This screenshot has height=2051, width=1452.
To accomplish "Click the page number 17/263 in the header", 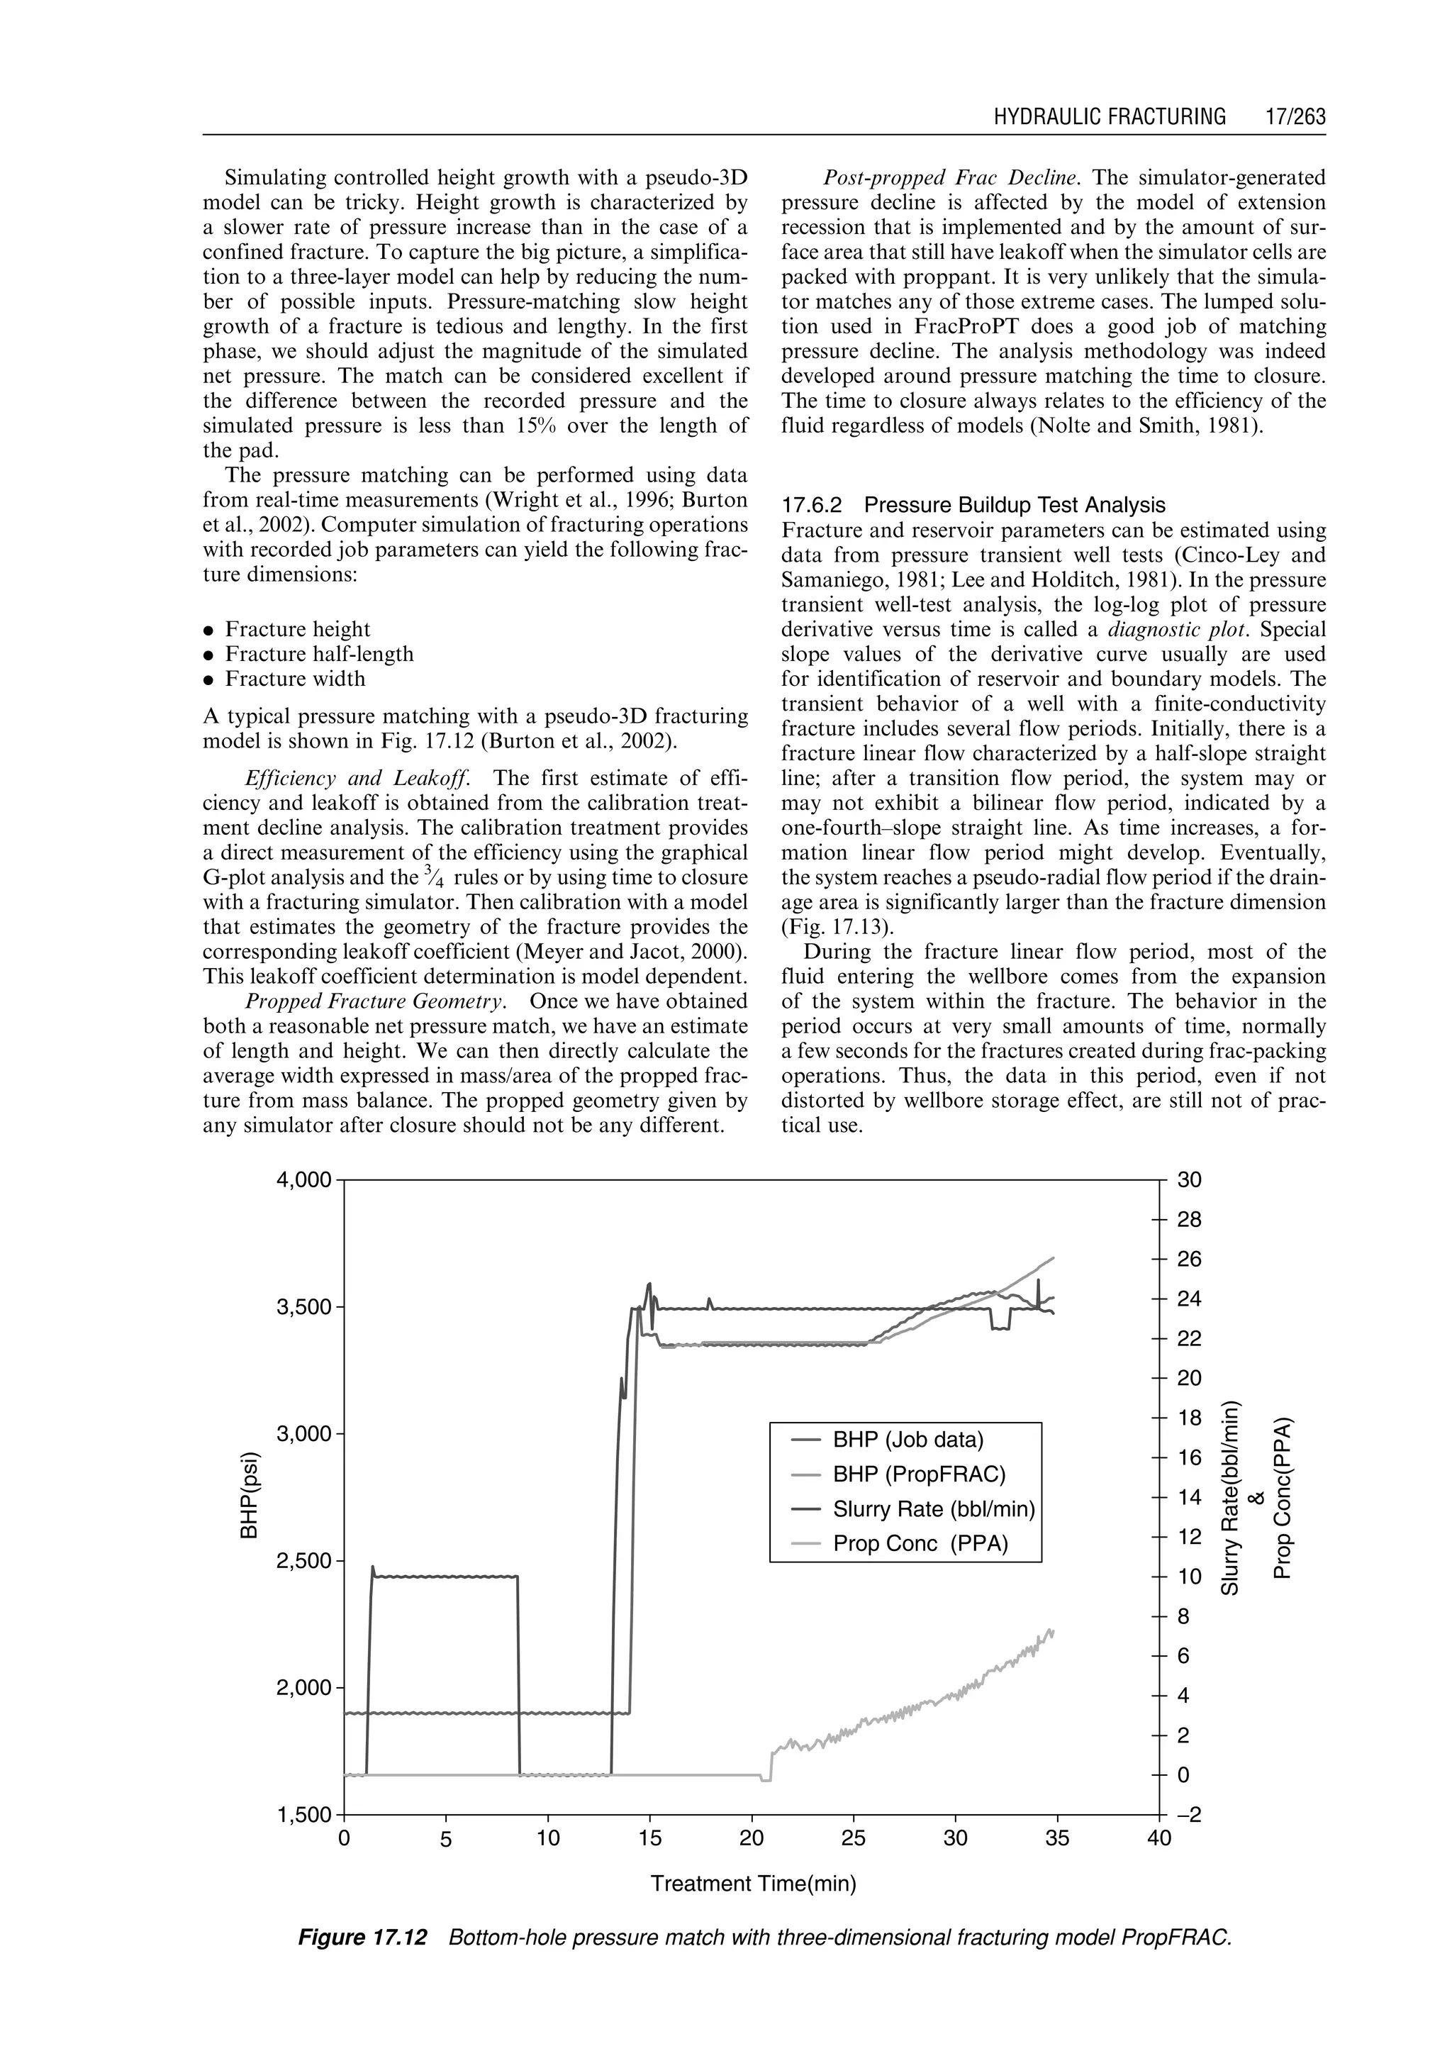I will point(1295,117).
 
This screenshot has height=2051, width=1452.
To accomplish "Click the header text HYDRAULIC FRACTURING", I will point(1110,117).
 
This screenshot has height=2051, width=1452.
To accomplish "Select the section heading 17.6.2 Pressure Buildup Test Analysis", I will point(973,506).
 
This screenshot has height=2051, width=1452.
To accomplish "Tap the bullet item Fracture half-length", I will point(319,654).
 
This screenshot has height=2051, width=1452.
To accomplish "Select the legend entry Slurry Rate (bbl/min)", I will point(932,1510).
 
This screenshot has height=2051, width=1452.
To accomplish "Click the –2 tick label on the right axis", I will point(1188,1815).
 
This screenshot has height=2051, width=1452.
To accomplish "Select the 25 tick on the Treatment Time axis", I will point(854,1839).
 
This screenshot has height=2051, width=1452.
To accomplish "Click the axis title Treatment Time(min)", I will point(753,1884).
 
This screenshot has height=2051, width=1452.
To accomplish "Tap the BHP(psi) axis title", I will point(250,1499).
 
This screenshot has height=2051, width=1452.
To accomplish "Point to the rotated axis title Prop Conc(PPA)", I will point(1282,1499).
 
